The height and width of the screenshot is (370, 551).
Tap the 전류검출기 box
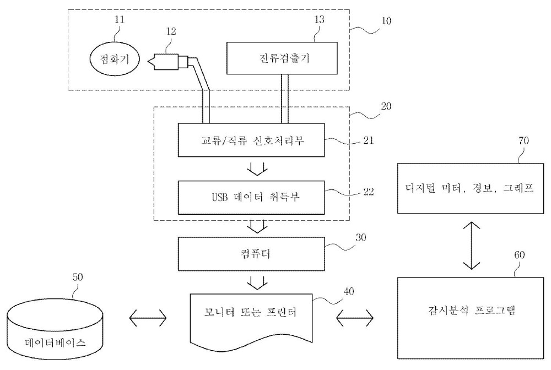pos(282,58)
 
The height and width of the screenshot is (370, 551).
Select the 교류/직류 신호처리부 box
pos(251,140)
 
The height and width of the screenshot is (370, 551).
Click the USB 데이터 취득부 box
pos(251,197)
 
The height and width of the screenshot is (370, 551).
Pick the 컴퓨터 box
pos(251,254)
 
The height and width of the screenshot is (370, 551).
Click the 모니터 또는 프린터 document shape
pos(251,318)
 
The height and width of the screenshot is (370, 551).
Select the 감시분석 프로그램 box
pos(471,318)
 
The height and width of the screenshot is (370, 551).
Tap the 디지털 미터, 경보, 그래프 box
pos(471,188)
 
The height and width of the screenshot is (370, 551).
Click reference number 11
pos(120,19)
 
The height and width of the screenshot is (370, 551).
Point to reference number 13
pos(320,19)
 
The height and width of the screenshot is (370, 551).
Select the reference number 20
pos(386,106)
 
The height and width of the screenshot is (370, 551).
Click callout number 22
pos(369,192)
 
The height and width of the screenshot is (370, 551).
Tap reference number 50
pos(78,277)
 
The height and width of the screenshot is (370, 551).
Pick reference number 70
pos(523,141)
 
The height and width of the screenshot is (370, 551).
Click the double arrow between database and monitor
pos(148,318)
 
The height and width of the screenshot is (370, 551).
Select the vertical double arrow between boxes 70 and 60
pos(471,245)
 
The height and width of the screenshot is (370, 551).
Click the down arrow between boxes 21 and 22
pos(257,168)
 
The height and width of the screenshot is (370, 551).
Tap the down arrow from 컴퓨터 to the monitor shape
pos(257,282)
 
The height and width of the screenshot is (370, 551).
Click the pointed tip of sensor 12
pos(148,62)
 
